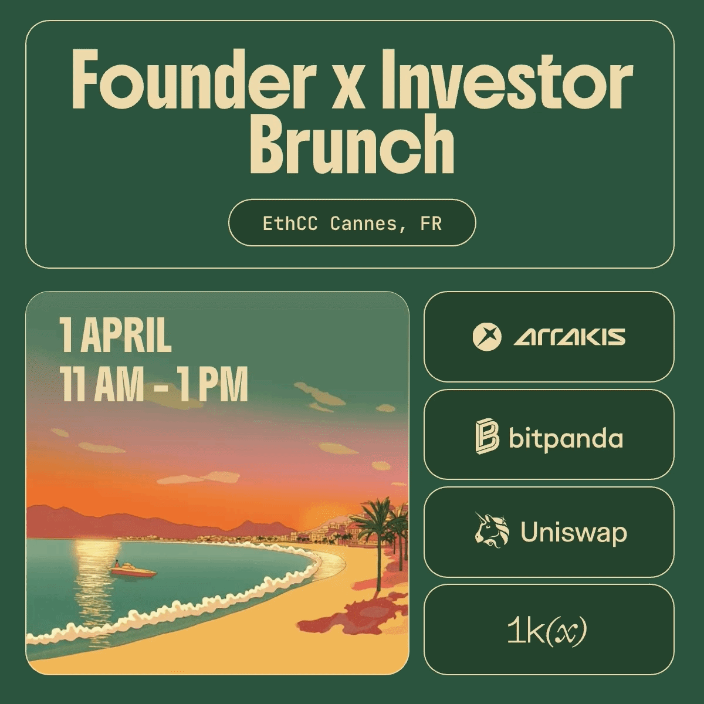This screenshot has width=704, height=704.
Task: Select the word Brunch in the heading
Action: click(352, 144)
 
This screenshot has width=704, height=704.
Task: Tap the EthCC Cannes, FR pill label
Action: click(352, 224)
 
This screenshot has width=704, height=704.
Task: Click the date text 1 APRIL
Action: click(115, 336)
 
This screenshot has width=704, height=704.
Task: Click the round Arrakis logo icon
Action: click(488, 337)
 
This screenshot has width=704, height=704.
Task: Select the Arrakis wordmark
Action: click(569, 337)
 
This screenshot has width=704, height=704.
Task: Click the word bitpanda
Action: click(566, 438)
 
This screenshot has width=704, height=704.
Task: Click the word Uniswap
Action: click(573, 533)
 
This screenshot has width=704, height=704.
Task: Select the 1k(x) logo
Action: click(547, 631)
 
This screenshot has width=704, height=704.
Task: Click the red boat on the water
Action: click(133, 569)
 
